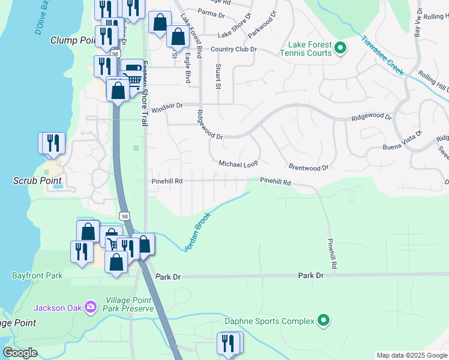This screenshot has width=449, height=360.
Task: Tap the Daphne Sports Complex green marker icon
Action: [324, 321]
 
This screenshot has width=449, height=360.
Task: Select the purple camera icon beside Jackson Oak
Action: [91, 307]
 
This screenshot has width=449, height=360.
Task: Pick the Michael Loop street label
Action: [238, 164]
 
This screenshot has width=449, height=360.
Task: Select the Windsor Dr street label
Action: [167, 108]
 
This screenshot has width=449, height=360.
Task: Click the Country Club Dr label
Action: [233, 49]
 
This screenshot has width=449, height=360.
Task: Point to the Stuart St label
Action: [218, 76]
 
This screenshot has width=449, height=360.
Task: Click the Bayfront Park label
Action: [37, 276]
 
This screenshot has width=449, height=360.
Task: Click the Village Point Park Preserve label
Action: [130, 304]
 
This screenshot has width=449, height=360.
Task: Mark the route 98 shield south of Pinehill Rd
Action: [124, 215]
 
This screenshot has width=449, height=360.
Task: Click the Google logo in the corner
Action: [20, 353]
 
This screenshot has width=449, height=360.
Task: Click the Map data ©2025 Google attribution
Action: [411, 356]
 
